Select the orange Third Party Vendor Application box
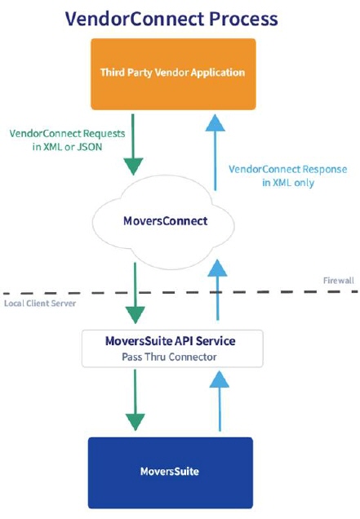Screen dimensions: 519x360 [172, 73]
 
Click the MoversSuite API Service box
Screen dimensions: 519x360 [172, 348]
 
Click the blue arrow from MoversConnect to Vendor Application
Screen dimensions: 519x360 [216, 151]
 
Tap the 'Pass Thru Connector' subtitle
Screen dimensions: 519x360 [172, 357]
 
